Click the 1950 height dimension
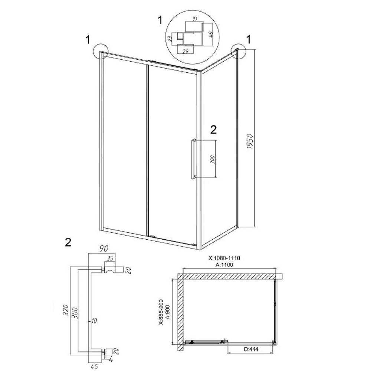[x=250, y=141]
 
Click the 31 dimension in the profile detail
[x=195, y=19]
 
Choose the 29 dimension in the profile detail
[x=186, y=51]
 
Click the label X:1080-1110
[x=224, y=258]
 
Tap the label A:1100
[x=224, y=265]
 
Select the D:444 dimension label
[x=250, y=349]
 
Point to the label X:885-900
[x=161, y=312]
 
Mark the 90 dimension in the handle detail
[x=104, y=249]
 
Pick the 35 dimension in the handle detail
[x=109, y=258]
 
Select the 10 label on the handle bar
[x=94, y=321]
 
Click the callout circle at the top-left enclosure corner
[x=101, y=51]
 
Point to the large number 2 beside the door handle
[x=213, y=129]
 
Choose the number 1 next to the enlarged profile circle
[x=160, y=20]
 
